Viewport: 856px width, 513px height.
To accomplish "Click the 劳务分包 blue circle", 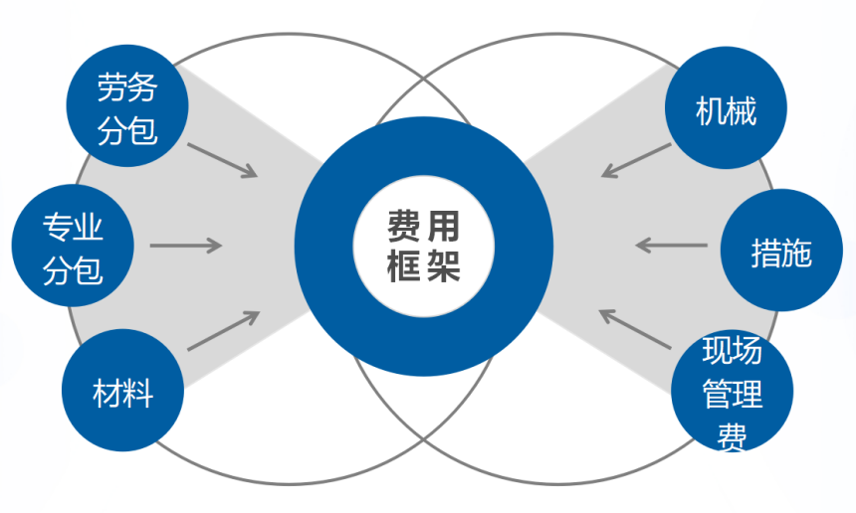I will click(126, 108).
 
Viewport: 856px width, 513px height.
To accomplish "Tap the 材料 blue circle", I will click(123, 389).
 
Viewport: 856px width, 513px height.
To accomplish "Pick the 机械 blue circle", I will click(727, 109).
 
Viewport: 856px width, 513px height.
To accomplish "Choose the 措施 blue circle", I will click(780, 253).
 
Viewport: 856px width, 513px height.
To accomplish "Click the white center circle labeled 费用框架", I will click(424, 245).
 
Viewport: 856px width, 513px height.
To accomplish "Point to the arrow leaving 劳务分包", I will click(223, 160).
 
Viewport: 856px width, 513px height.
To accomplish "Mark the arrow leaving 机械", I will click(637, 161).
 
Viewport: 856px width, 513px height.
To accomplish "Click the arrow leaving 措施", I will click(671, 244).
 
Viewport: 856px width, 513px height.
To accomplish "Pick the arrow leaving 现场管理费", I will click(635, 329).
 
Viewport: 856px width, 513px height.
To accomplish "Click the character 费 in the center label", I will click(403, 228).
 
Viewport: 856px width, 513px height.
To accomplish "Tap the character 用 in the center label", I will click(444, 228).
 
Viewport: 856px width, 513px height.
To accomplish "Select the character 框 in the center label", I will click(403, 265).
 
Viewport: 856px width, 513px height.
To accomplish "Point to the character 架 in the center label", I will click(444, 265).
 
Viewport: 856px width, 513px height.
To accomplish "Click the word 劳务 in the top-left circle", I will click(127, 89).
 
